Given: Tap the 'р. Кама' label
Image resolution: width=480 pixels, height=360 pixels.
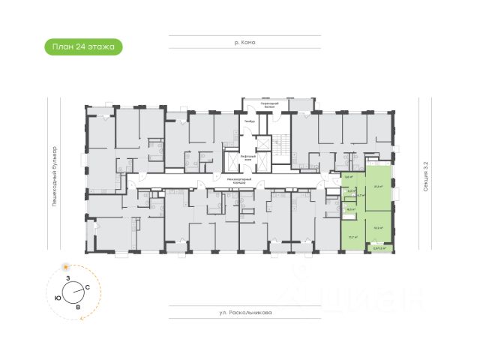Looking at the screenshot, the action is (x=244, y=43).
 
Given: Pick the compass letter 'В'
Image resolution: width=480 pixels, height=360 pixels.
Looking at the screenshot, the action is (x=78, y=307).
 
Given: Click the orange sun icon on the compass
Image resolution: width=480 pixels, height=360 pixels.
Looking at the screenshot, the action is (x=67, y=266).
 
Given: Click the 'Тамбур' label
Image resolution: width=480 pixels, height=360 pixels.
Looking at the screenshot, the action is (x=250, y=121).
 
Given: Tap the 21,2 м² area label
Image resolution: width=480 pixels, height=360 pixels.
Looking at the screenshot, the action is (x=379, y=187).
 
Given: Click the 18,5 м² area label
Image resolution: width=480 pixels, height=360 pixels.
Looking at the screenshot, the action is (x=379, y=227).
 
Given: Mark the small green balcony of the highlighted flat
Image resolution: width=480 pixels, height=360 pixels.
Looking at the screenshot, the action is (x=381, y=248).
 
